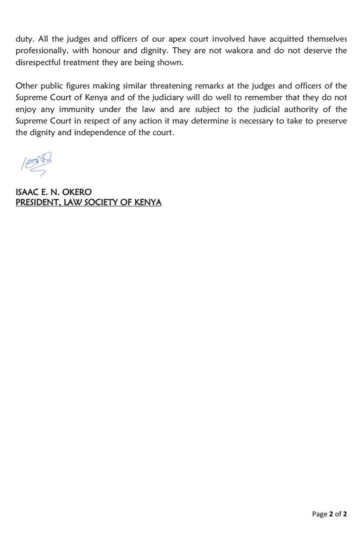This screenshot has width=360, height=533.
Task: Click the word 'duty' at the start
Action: click(24, 39)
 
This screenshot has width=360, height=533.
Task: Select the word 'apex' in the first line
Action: click(177, 39)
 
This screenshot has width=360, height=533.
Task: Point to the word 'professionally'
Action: click(42, 51)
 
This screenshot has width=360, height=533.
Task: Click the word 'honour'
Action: click(106, 51)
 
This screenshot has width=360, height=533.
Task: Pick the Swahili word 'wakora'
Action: click(239, 51)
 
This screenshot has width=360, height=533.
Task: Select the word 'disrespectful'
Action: click(37, 62)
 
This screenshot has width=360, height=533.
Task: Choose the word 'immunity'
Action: click(77, 109)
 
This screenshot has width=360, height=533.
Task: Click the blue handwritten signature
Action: click(36, 164)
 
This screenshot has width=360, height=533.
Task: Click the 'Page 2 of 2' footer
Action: click(329, 514)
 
